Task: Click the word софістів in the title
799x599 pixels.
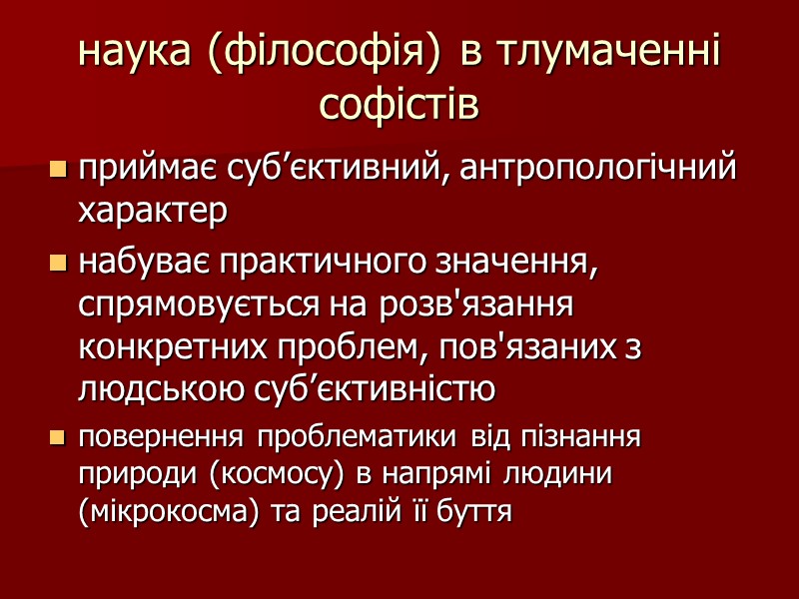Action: (x=399, y=103)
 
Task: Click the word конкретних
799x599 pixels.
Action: (x=169, y=348)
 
